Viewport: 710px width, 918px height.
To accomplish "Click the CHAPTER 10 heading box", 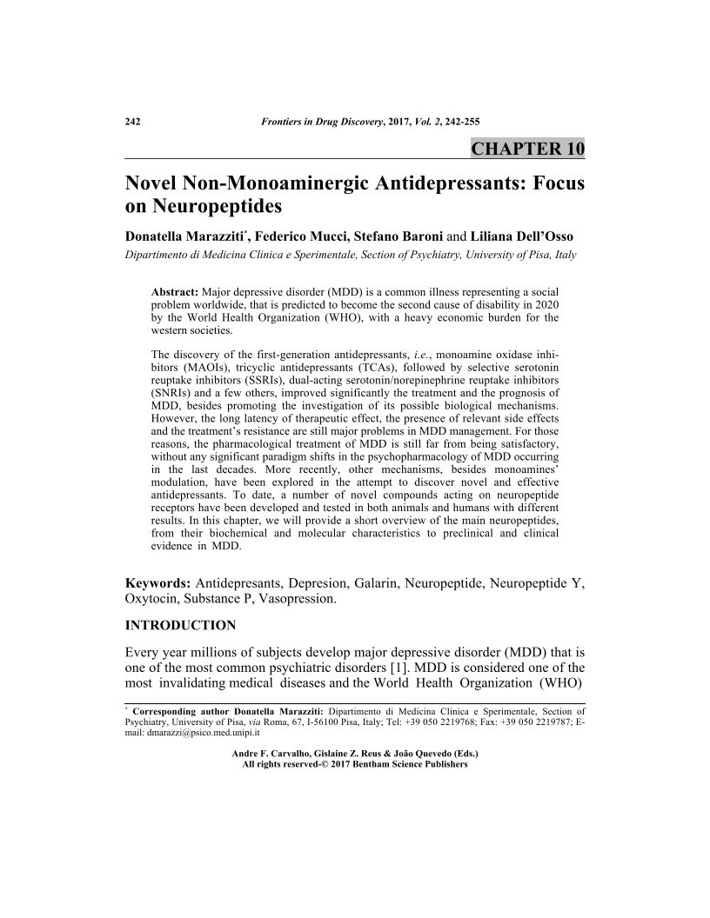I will coord(527,148).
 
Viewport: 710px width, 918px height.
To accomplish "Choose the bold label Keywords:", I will coord(159,582).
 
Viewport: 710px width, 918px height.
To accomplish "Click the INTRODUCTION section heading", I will coord(181,625).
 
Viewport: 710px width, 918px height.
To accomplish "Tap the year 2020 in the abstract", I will coord(545,304).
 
